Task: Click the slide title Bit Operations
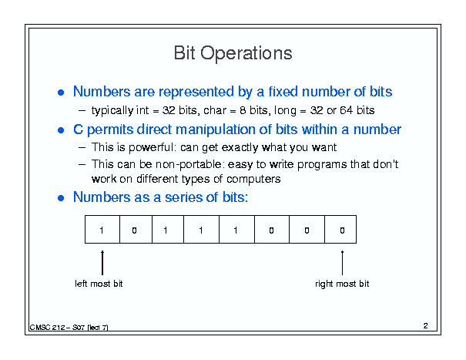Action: coord(233,53)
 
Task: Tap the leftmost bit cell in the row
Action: coord(102,230)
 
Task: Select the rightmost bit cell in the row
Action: coord(340,230)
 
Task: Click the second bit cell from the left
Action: coord(136,230)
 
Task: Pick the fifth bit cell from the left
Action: coord(237,230)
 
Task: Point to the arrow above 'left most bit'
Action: coord(102,263)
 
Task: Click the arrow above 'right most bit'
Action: coord(342,263)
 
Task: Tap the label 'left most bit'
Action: coord(99,284)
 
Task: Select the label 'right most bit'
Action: coord(342,284)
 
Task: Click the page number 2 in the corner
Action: coord(426,326)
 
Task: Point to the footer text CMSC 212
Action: coord(47,328)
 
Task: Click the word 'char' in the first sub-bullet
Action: coord(215,110)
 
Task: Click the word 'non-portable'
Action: coord(189,164)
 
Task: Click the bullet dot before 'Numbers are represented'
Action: coord(61,93)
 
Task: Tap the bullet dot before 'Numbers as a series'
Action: coord(61,198)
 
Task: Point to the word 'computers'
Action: coord(253,179)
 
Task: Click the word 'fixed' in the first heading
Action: coord(283,91)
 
